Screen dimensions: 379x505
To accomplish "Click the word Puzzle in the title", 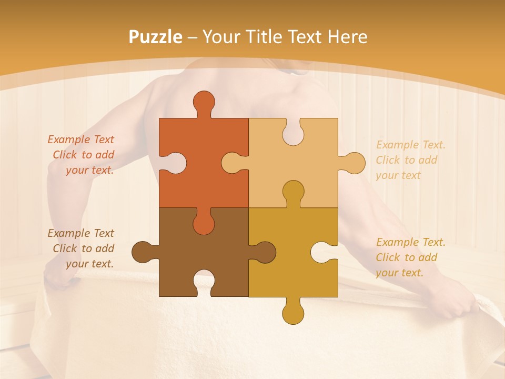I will click(156, 37).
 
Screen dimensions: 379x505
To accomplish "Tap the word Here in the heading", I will click(347, 37).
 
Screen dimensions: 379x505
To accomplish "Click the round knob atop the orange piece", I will click(204, 102).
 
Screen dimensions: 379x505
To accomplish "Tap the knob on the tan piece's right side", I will click(354, 163).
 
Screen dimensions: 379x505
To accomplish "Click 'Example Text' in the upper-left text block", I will click(81, 139).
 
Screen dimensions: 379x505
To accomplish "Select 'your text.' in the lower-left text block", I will click(89, 264).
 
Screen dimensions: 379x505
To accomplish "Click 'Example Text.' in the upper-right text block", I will click(411, 145).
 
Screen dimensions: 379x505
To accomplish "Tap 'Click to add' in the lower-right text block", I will click(407, 257).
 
